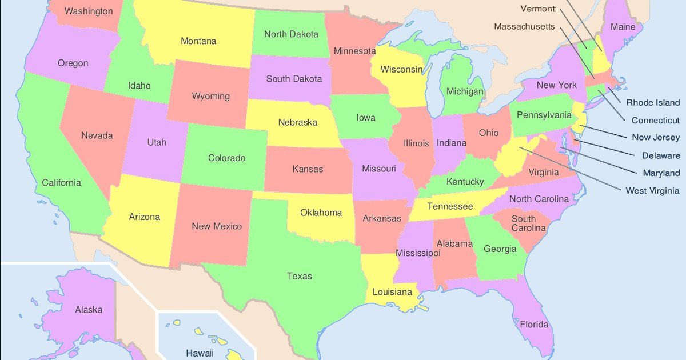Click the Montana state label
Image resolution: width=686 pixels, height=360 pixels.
point(198,41)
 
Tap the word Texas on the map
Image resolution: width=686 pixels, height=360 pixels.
point(300,276)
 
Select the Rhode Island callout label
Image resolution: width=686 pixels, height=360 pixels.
point(653,103)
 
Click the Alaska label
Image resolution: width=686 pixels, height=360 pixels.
point(89,310)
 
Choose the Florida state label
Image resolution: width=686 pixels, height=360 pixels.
point(534,325)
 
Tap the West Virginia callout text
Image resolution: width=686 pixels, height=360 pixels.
point(652,190)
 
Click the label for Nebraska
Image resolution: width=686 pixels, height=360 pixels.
point(297,122)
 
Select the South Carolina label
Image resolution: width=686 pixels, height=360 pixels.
point(524,223)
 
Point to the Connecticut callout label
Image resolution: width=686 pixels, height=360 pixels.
point(655,121)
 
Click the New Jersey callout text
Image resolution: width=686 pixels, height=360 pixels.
point(656,137)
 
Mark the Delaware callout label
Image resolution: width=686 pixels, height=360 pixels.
point(661,155)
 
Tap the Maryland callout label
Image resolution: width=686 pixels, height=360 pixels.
point(661,173)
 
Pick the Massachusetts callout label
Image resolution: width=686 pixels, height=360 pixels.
point(524,27)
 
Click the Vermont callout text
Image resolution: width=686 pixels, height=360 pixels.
point(537,9)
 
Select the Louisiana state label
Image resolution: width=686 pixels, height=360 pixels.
point(392,292)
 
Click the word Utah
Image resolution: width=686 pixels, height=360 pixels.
point(157,142)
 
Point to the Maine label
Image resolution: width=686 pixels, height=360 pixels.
point(623,27)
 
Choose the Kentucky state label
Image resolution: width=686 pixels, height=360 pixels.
point(465,182)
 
